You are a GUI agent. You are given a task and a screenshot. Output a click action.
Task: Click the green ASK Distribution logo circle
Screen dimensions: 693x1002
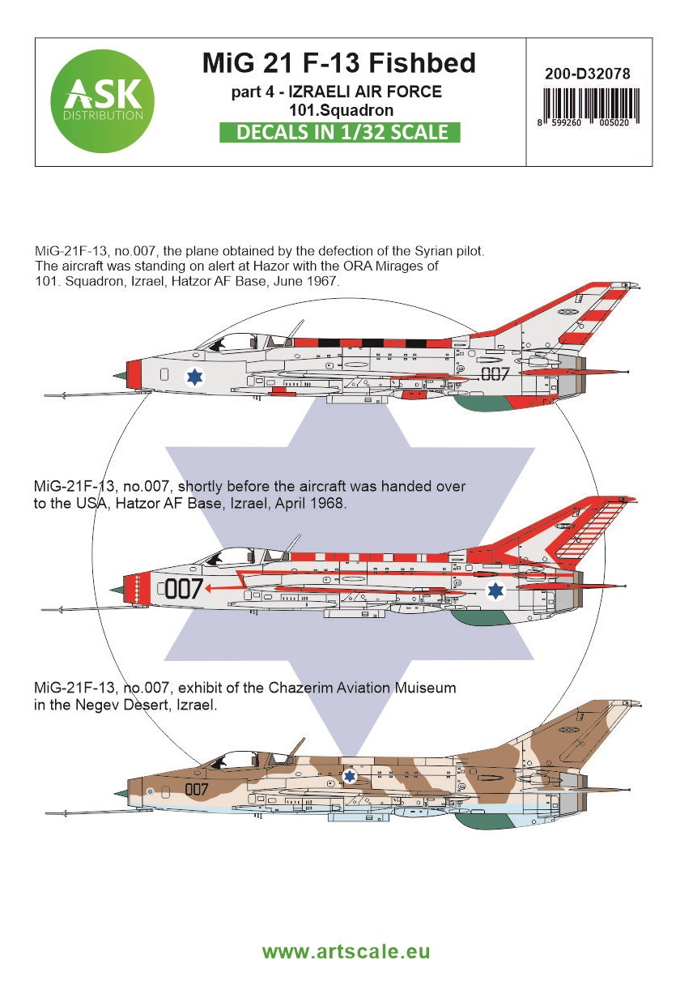102,101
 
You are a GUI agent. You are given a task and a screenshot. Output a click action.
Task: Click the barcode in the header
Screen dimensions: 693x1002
591,106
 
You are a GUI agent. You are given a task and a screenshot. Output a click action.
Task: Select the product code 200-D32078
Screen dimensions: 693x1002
588,74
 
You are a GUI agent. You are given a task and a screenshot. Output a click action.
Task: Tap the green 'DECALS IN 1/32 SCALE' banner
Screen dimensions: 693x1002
340,132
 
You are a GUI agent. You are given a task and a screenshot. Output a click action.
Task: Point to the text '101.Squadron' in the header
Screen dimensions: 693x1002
341,110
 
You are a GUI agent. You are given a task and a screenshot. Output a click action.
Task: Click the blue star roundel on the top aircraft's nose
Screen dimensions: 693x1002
194,376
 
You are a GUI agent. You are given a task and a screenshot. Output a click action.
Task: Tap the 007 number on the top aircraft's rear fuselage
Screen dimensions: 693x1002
495,374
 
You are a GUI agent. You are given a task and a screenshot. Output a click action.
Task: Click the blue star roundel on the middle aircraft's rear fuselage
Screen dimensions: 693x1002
495,591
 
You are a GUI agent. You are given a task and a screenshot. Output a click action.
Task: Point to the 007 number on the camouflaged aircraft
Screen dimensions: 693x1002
196,789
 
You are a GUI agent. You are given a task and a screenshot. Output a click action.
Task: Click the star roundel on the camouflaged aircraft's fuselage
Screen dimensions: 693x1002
350,776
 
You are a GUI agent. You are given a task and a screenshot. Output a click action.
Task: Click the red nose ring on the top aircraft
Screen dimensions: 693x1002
134,373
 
